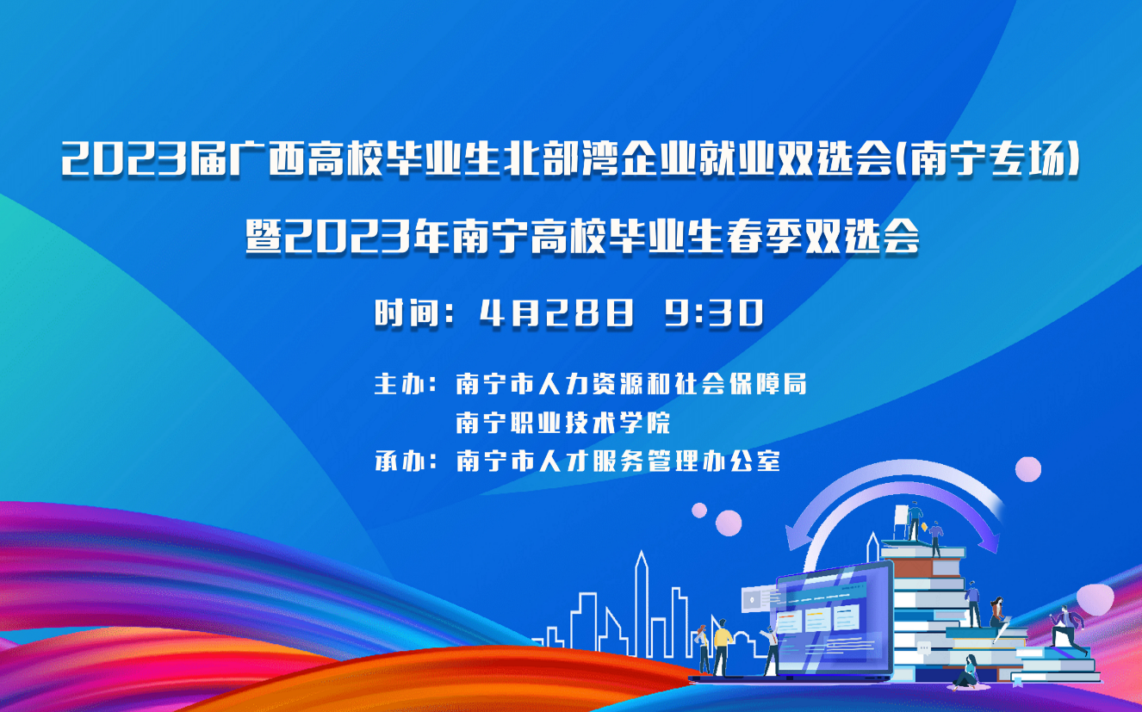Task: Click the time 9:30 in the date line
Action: [x=714, y=312]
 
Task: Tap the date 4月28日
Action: [x=557, y=312]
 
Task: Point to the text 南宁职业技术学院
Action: [x=563, y=423]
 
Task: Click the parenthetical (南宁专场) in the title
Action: [x=987, y=159]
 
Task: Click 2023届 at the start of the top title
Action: [x=145, y=159]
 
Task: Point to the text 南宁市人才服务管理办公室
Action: [x=618, y=461]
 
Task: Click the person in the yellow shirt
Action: [x=723, y=647]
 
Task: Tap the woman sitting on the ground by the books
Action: [x=968, y=672]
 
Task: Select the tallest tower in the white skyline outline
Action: [x=642, y=604]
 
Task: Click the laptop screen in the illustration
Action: [x=833, y=620]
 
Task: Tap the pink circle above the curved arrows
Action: [x=1027, y=469]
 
